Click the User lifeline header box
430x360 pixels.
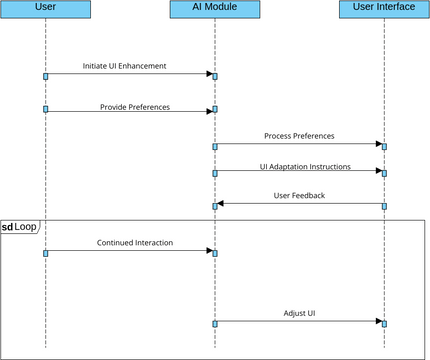click(x=45, y=9)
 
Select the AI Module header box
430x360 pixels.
click(x=214, y=9)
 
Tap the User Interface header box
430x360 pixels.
click(x=384, y=9)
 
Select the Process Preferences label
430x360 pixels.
click(x=299, y=136)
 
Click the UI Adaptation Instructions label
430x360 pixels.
click(x=299, y=166)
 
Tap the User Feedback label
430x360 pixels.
click(x=299, y=196)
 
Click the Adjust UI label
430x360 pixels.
click(x=299, y=313)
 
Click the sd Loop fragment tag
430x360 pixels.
click(x=20, y=227)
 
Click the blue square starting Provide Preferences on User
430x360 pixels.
click(x=45, y=109)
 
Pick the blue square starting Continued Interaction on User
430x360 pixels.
click(x=45, y=252)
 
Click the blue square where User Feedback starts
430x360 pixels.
click(x=384, y=206)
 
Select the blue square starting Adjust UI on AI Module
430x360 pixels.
click(x=214, y=323)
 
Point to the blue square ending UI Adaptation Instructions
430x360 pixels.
click(x=384, y=173)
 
